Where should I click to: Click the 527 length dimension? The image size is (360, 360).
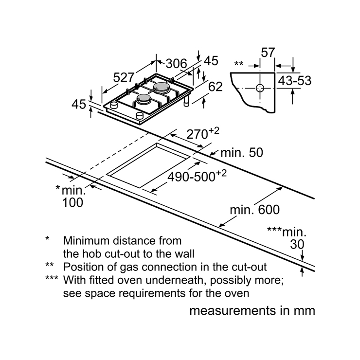[124, 77]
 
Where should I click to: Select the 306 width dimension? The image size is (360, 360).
[176, 64]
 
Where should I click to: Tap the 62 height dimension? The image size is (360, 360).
[216, 87]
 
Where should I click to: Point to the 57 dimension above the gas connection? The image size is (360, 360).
[268, 53]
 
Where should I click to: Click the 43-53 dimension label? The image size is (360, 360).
[294, 81]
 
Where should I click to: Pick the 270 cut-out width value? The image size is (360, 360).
[197, 135]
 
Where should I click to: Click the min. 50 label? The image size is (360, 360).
[242, 153]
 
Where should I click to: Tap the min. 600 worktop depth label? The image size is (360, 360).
[255, 210]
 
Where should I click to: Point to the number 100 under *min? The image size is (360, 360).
[72, 203]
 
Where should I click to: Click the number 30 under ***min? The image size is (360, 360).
[297, 245]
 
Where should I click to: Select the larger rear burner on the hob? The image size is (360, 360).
[162, 88]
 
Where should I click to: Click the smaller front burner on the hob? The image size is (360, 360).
[143, 99]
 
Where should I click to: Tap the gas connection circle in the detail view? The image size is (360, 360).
[260, 88]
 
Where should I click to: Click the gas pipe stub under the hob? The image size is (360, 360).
[186, 101]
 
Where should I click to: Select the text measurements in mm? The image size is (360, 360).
[252, 311]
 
